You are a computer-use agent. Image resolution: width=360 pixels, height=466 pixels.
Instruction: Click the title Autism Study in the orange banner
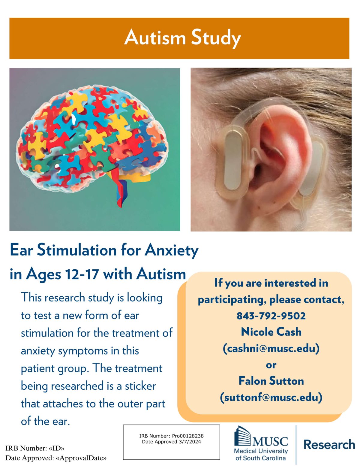point(182,38)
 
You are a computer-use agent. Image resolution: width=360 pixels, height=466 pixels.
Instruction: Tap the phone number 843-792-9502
point(271,316)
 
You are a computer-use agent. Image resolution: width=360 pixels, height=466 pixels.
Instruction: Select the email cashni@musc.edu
point(271,348)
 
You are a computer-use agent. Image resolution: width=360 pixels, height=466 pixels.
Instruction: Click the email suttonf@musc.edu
point(271,397)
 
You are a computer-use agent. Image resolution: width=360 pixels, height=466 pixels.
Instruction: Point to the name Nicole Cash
point(271,332)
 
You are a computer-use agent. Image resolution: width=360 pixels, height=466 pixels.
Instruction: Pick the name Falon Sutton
point(271,381)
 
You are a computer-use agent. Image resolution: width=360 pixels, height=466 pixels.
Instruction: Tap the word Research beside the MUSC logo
point(329,444)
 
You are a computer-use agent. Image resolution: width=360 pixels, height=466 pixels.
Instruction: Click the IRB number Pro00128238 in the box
point(188,436)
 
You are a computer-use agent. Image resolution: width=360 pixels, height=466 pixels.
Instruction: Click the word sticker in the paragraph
point(140,386)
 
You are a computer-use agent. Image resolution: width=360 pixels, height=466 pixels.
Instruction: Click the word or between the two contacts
point(271,365)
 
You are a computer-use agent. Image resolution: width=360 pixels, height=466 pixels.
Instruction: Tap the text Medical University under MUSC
point(260,451)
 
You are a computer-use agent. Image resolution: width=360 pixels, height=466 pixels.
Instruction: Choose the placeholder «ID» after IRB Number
point(57,449)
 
